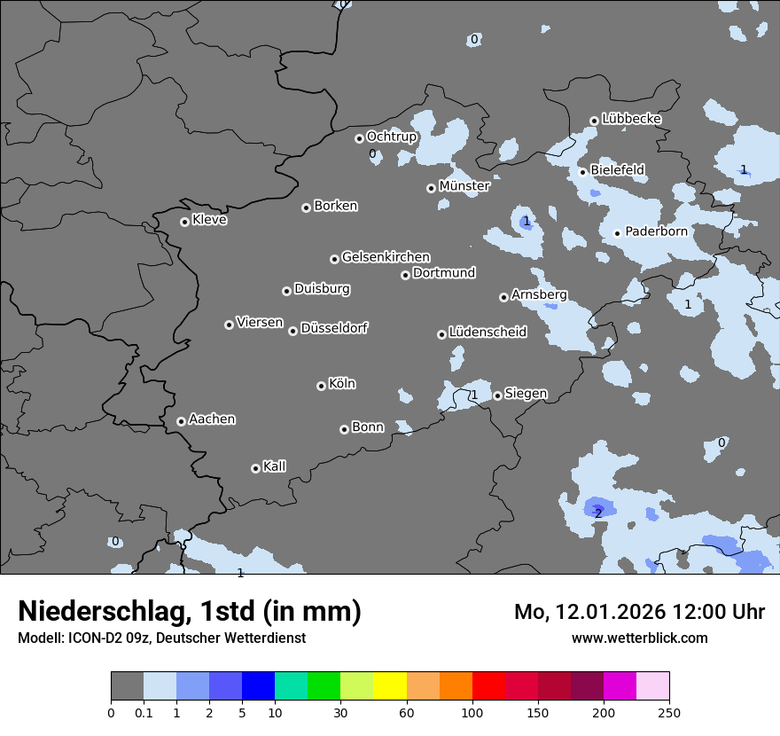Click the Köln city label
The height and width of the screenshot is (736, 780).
point(341,384)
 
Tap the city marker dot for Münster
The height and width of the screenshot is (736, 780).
point(431,188)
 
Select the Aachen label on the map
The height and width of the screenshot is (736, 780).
point(212,419)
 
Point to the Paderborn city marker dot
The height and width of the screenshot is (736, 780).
point(618,234)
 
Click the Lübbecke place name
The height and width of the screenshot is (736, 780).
point(631,119)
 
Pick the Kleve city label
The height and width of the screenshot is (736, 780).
point(209,220)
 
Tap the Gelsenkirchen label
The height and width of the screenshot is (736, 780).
point(386,257)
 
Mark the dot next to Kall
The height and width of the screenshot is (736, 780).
point(255,468)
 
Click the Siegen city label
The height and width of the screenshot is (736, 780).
point(526,394)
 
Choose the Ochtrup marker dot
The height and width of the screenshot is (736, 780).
point(359,138)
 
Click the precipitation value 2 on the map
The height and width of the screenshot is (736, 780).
point(598,513)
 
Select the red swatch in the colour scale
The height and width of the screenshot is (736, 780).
point(487,686)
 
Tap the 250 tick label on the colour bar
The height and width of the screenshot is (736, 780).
point(669,713)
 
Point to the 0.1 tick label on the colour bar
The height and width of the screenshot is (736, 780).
point(143,713)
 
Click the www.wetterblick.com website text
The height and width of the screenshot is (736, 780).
point(639,638)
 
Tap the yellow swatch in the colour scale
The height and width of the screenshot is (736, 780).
point(389,686)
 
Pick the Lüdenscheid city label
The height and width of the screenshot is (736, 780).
point(487,333)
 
